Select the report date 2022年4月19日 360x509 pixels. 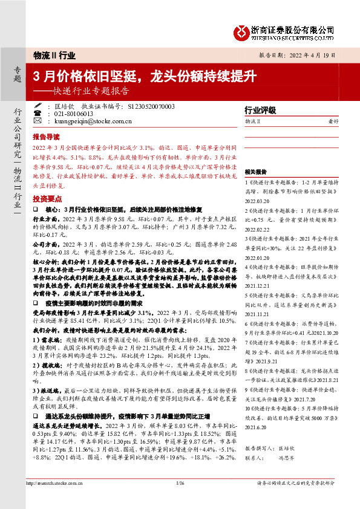pos(314,54)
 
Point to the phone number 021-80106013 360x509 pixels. pos(73,113)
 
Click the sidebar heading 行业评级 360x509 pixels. pos(260,111)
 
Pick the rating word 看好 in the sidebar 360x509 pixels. pos(333,122)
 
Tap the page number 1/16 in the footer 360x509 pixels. pos(180,500)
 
